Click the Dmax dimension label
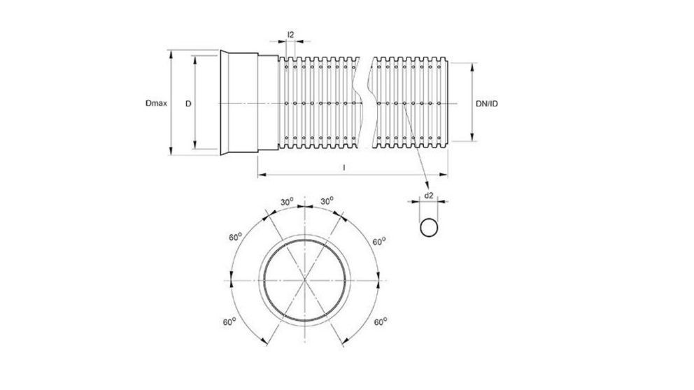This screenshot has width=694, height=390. [x=155, y=103]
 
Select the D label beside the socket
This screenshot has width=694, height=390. [x=187, y=103]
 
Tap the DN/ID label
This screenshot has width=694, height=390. [x=487, y=103]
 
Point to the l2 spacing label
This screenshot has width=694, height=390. [x=290, y=33]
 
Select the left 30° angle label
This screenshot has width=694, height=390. [x=286, y=201]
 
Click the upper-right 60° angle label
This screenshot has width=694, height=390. [x=378, y=241]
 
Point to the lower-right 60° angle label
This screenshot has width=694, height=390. [x=381, y=322]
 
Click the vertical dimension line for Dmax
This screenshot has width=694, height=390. [x=170, y=103]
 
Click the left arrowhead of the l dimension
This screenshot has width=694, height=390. [x=260, y=173]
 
